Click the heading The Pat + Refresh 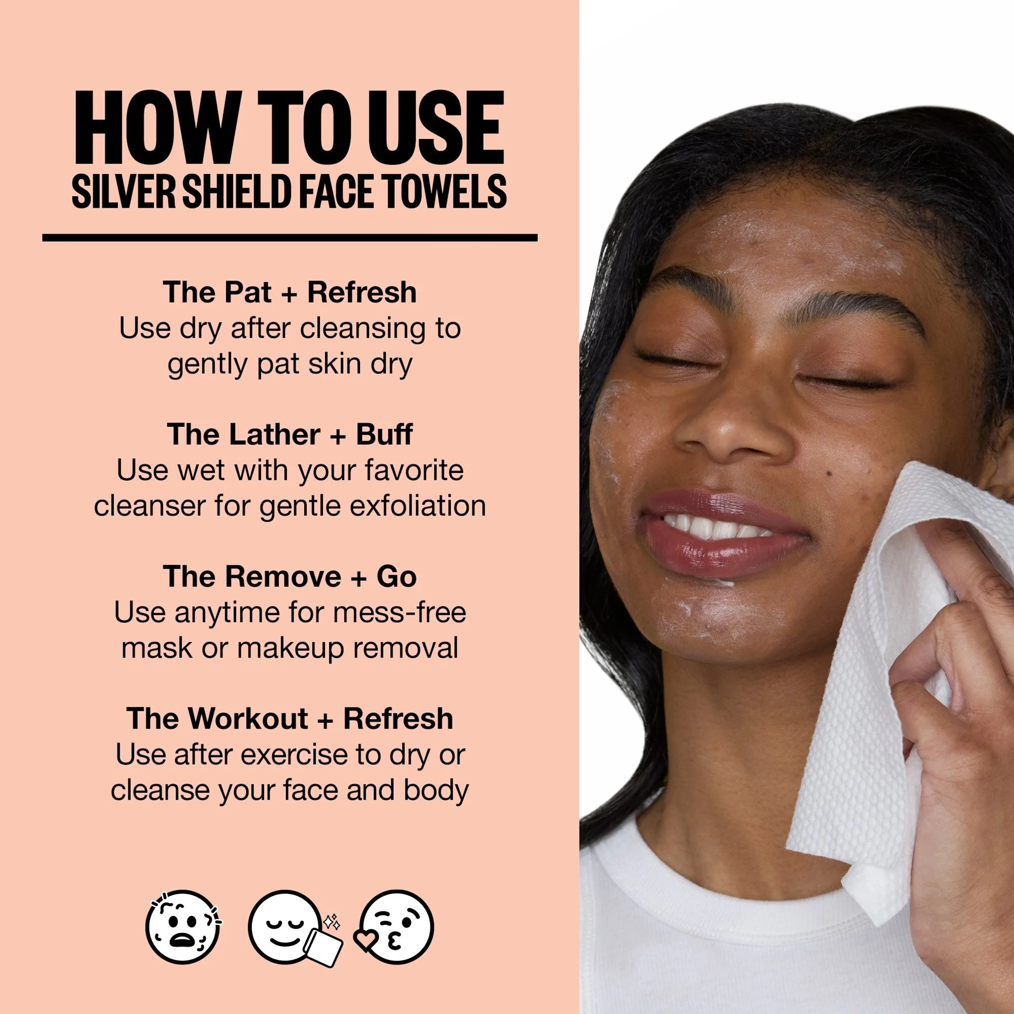coord(289,293)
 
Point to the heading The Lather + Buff coord(289,434)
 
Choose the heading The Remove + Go coord(289,576)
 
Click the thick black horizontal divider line coord(289,238)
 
